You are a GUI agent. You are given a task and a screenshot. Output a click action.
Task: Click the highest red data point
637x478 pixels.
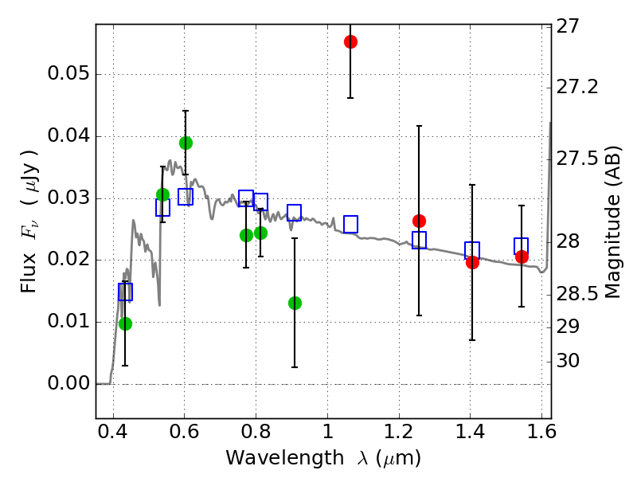350,41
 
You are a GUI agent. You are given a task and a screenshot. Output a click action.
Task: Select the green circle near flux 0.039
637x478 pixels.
186,143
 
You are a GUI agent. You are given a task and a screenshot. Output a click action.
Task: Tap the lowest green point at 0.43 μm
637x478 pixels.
125,323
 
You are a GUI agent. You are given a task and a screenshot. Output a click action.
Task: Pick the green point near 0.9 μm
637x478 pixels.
295,303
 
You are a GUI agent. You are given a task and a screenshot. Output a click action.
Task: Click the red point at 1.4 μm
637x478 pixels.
472,262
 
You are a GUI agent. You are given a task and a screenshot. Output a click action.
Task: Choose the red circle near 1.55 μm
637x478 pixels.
522,257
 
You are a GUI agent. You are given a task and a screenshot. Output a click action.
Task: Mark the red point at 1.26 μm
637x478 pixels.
419,221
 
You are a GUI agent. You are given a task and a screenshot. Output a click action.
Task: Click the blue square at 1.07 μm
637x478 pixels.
350,224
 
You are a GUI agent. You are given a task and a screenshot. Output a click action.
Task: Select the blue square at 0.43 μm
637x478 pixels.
125,292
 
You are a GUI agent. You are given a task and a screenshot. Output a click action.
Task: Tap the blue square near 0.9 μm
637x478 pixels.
294,212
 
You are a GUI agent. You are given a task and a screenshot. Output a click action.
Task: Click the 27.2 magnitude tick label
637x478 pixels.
578,86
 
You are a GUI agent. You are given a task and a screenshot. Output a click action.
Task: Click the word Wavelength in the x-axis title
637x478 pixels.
271,458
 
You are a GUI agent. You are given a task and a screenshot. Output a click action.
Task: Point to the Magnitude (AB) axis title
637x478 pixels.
612,222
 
